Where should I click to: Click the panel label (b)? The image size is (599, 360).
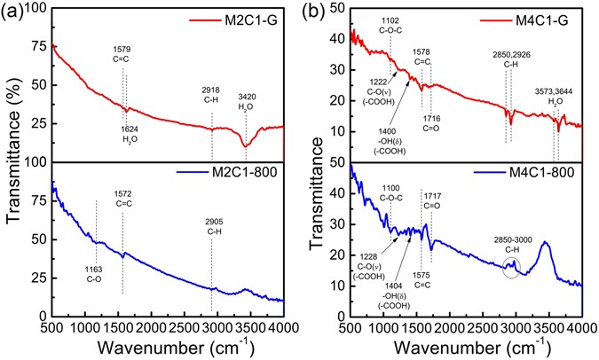[318, 12]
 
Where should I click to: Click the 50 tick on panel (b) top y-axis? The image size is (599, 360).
[338, 7]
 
